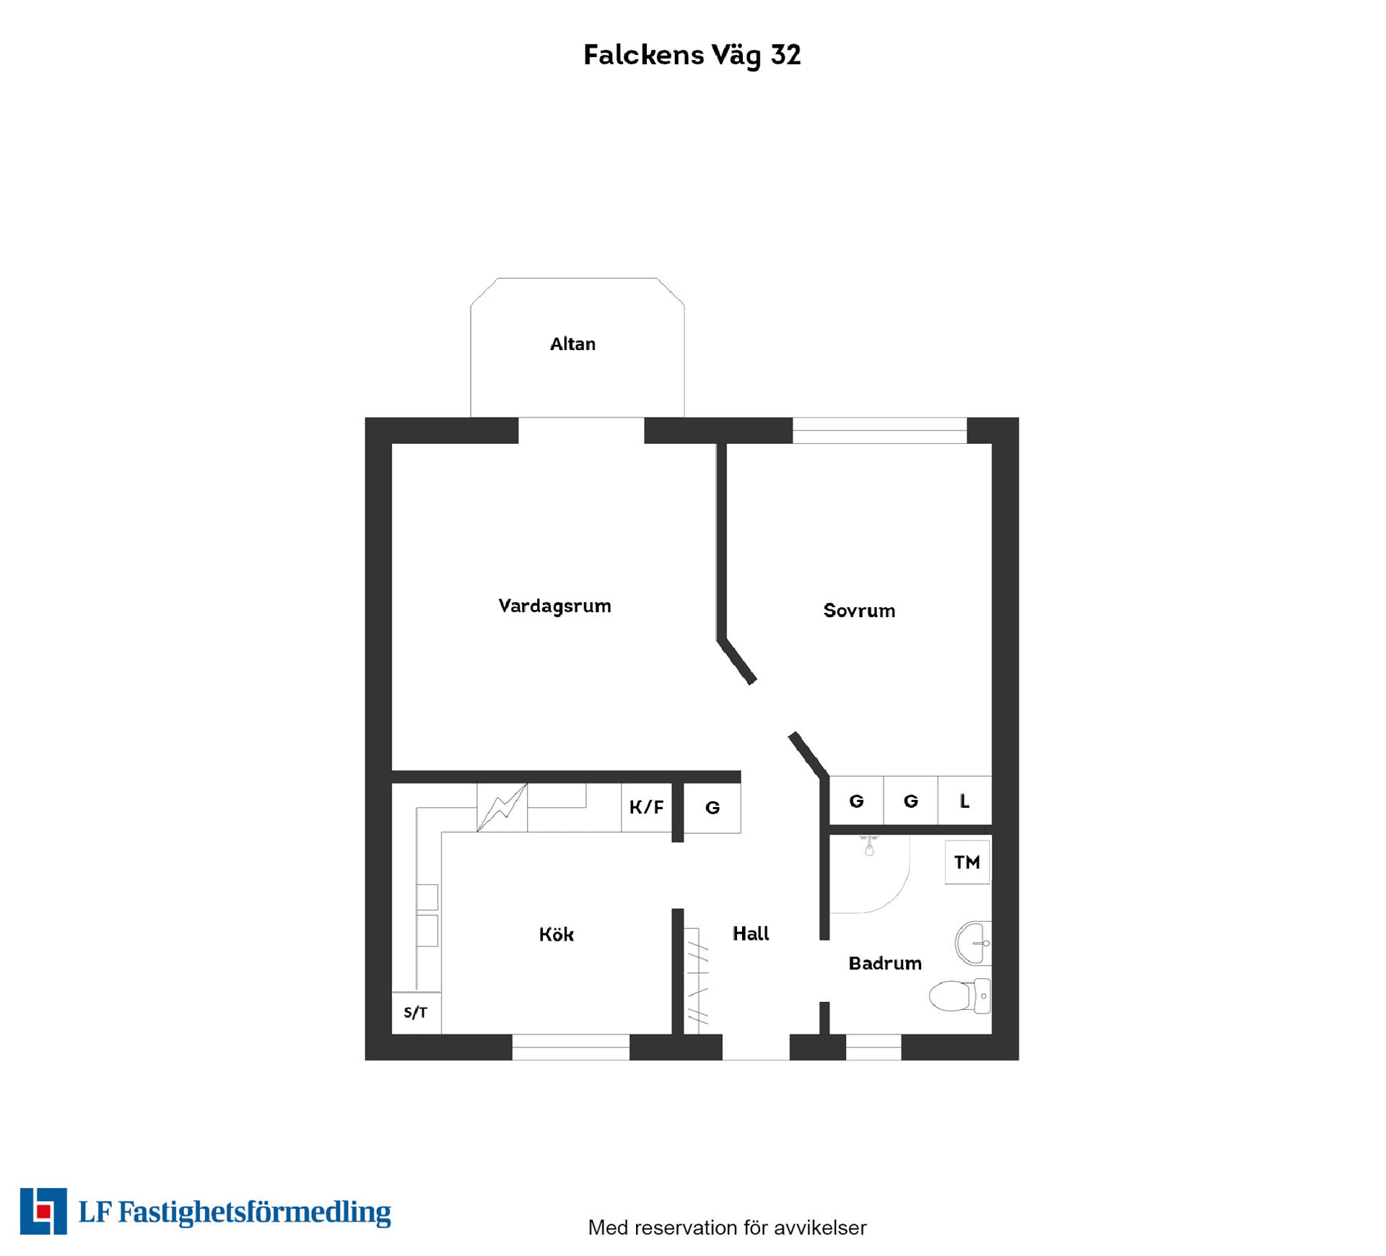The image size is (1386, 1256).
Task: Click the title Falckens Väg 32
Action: tap(692, 55)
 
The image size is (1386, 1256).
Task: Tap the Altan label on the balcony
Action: tap(572, 344)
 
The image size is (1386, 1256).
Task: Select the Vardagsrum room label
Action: tap(554, 606)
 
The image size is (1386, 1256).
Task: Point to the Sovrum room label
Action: tap(859, 611)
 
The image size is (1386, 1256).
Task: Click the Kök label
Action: tap(556, 935)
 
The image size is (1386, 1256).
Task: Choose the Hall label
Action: tap(751, 934)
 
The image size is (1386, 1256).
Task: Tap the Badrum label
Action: tap(885, 964)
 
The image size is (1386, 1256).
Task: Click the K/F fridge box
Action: tap(646, 807)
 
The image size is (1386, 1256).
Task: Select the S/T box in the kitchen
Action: tap(416, 1013)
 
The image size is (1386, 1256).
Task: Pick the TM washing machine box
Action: tap(967, 863)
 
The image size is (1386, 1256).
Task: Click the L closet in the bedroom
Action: tap(964, 801)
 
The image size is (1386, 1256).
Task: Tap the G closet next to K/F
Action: tap(712, 808)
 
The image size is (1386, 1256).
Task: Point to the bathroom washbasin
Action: tap(973, 943)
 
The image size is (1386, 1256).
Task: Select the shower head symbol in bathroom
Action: tap(869, 847)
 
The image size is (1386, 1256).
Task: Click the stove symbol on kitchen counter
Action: tap(502, 807)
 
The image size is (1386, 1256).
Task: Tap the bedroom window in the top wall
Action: tap(879, 431)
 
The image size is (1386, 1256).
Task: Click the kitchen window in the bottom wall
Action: tap(570, 1047)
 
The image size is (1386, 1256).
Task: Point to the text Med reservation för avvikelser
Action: tap(726, 1227)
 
